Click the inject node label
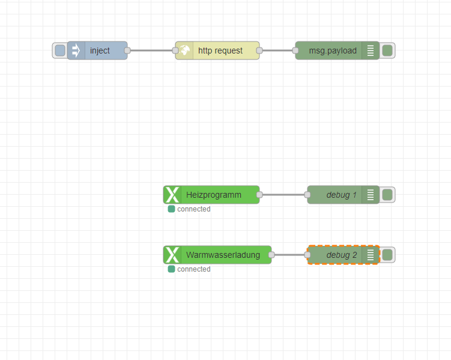100,51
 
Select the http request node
220,51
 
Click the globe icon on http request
184,51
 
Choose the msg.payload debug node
333,51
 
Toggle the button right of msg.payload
387,51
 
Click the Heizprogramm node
214,195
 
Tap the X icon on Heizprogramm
172,195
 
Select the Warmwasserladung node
223,255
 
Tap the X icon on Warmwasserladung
172,255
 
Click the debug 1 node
341,195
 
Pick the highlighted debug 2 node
341,255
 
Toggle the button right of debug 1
387,195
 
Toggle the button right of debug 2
387,255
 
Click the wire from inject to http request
151,50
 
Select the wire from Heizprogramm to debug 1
283,195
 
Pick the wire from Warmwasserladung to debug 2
289,255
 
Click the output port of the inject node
127,50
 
